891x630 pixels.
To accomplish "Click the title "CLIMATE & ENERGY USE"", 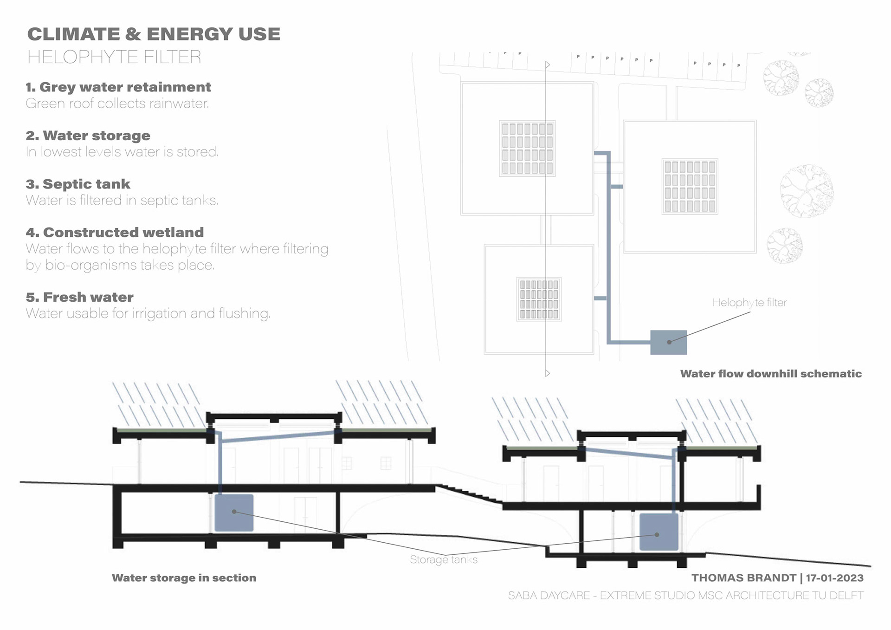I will [x=154, y=34].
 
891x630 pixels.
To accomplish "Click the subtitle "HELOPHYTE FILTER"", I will [x=114, y=57].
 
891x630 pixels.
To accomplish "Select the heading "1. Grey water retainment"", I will [x=118, y=87].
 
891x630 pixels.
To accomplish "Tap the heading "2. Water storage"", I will [x=88, y=136].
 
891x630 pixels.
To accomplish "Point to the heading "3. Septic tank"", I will [x=78, y=184].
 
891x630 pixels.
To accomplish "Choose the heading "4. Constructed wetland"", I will [x=115, y=233].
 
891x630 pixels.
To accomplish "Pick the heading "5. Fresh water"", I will [x=79, y=297].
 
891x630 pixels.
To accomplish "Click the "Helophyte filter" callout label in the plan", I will [x=749, y=303].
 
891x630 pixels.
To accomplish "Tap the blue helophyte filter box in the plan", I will [x=668, y=343].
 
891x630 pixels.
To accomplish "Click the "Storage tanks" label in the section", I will [x=444, y=560].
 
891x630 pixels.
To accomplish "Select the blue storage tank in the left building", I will [x=234, y=513].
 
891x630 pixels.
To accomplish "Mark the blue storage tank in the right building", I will [x=659, y=532].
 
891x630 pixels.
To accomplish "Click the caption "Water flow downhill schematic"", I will [x=771, y=374].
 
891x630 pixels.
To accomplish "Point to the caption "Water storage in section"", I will [x=184, y=578].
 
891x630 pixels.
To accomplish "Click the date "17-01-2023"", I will [x=834, y=578].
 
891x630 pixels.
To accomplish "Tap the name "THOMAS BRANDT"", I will [x=743, y=578].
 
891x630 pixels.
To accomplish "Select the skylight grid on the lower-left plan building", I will [x=539, y=299].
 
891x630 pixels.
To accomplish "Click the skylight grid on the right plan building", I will [x=690, y=186].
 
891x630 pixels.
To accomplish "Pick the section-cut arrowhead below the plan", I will [x=548, y=373].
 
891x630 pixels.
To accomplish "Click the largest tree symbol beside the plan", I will [x=807, y=191].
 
